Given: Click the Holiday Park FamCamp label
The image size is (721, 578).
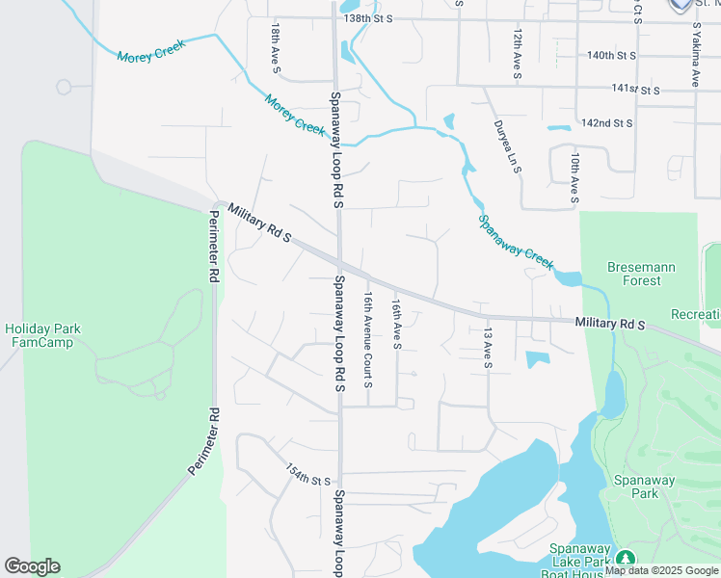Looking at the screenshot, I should click(x=42, y=335).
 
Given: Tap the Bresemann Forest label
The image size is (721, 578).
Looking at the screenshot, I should click(x=641, y=274).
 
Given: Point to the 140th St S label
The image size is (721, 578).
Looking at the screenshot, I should click(x=613, y=56).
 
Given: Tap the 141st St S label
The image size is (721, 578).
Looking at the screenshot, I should click(x=635, y=90).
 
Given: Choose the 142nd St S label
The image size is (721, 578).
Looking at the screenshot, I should click(x=606, y=123).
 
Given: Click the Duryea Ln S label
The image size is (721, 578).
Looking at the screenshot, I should click(x=508, y=146).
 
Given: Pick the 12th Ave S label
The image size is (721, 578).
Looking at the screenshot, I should click(x=518, y=53).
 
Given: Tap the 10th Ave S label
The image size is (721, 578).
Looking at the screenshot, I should click(x=574, y=176).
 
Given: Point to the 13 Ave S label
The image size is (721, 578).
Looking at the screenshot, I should click(x=488, y=348).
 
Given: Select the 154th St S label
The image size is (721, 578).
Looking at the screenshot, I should click(x=307, y=474).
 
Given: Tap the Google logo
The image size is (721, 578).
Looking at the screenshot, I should click(x=32, y=566).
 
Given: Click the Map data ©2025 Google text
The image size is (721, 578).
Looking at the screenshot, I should click(x=661, y=571).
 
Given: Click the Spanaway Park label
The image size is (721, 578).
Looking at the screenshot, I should click(x=637, y=486).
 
